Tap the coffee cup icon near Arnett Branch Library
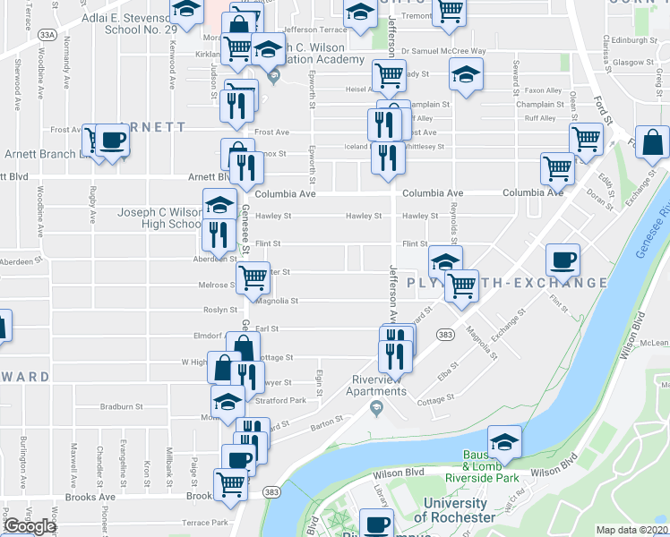click(113, 141)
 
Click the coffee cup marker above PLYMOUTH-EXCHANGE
click(563, 260)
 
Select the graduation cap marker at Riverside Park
click(505, 442)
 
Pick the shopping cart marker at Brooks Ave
click(230, 484)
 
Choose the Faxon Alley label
click(544, 90)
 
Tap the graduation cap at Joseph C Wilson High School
click(219, 205)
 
